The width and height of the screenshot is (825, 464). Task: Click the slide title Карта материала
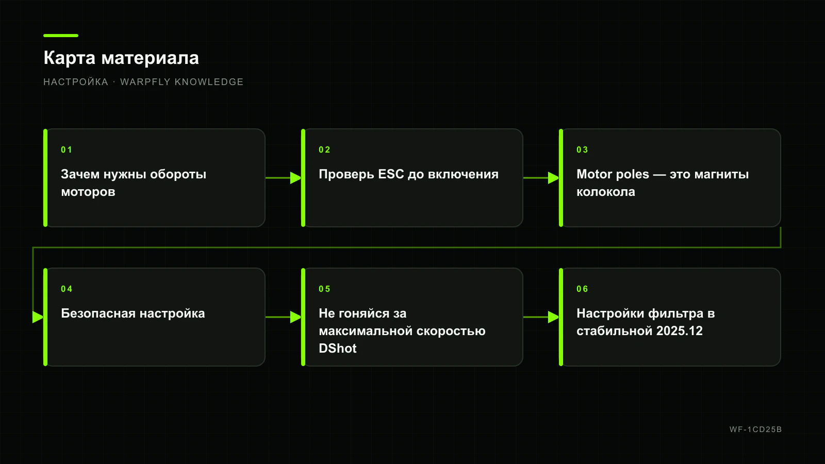tap(121, 58)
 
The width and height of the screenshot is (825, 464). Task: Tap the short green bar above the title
tap(61, 36)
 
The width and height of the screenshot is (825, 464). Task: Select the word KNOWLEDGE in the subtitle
tap(209, 82)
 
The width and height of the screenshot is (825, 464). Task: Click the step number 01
tap(67, 150)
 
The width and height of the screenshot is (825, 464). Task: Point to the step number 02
tap(324, 150)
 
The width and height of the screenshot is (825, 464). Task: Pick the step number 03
tap(582, 150)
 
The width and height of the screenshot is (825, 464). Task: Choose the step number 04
tap(67, 289)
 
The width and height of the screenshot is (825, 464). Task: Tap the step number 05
tap(324, 289)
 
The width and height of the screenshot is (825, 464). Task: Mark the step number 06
tap(582, 289)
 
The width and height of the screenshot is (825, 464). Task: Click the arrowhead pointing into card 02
tap(296, 178)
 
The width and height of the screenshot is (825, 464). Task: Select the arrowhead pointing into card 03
tap(554, 178)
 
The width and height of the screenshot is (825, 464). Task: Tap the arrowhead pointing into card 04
tap(38, 317)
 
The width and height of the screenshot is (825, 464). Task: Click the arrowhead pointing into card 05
tap(296, 317)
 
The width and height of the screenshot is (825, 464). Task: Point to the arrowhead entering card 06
tap(554, 317)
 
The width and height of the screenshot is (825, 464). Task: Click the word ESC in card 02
tap(391, 174)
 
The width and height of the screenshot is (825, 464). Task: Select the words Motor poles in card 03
tap(613, 174)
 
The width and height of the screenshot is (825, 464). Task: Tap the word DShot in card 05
tap(338, 349)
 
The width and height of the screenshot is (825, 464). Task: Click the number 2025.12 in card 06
tap(680, 330)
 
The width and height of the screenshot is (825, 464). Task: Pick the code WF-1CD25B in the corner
tap(756, 429)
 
